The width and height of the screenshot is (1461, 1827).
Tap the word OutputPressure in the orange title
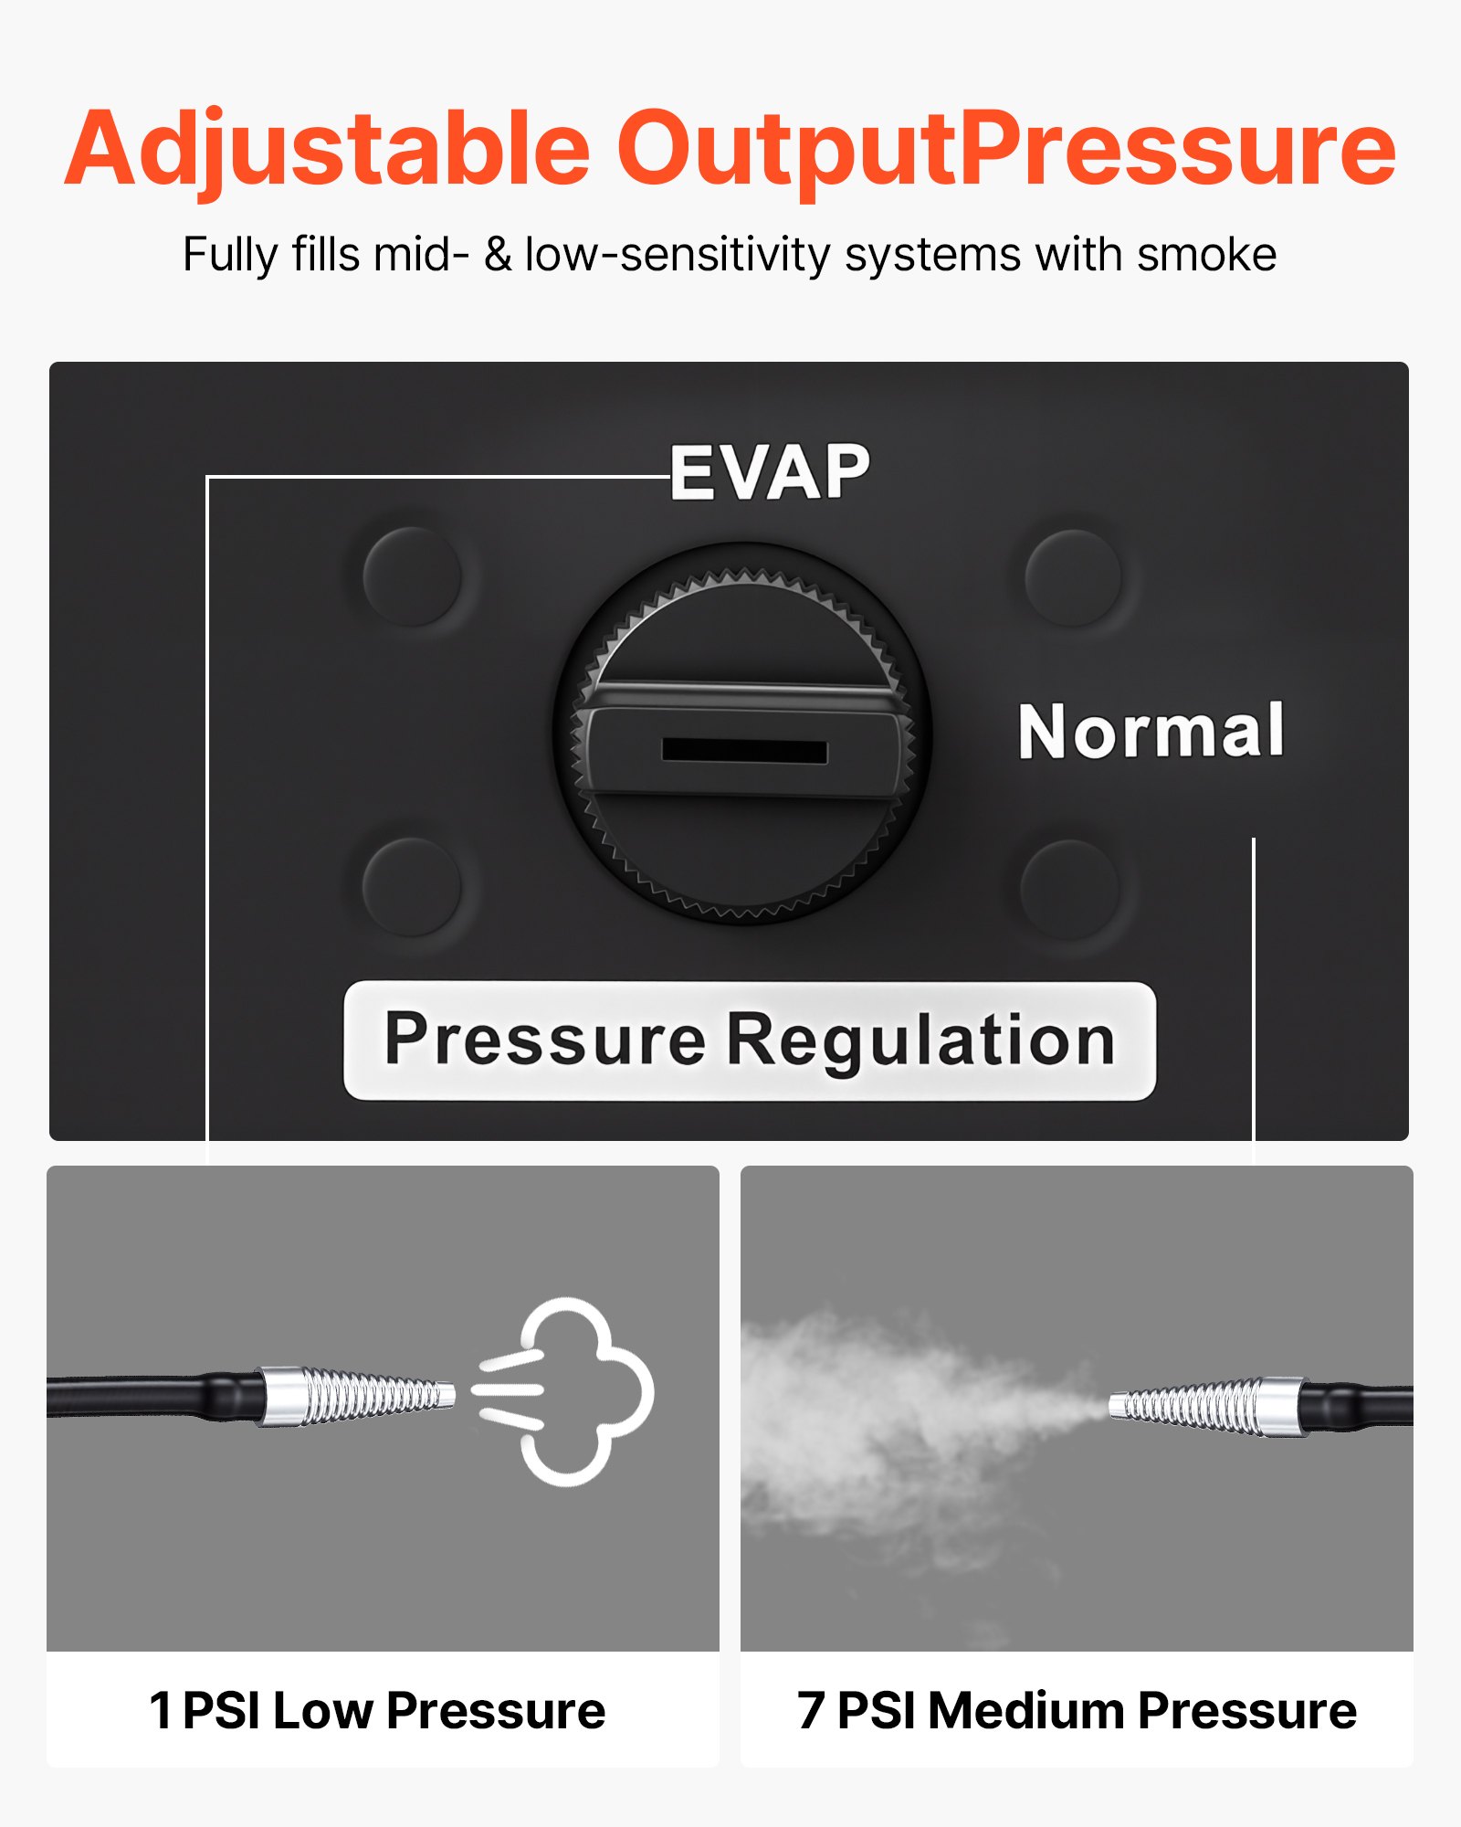(x=1006, y=149)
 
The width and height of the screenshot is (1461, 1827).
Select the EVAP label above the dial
(x=771, y=472)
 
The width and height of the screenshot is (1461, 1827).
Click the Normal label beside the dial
(x=1151, y=732)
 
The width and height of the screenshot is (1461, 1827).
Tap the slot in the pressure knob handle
(x=744, y=751)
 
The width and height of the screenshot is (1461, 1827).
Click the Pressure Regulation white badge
(x=749, y=1040)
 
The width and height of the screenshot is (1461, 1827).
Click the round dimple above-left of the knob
(x=412, y=576)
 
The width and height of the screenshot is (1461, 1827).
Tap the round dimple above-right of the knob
(x=1073, y=577)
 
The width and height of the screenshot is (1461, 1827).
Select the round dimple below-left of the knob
(x=411, y=886)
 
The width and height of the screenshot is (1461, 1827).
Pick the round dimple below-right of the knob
(x=1069, y=889)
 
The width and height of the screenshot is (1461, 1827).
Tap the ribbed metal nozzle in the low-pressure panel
(x=356, y=1396)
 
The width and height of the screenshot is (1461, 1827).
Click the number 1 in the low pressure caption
(x=161, y=1711)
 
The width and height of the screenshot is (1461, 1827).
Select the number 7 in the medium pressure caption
(x=811, y=1711)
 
